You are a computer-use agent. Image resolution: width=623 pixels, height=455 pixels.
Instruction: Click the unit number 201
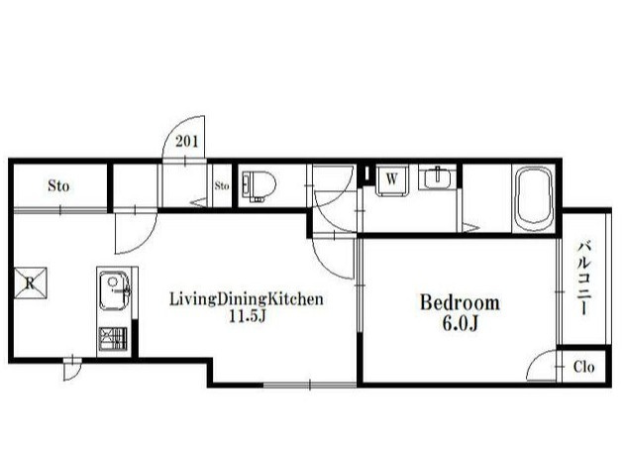click(x=187, y=141)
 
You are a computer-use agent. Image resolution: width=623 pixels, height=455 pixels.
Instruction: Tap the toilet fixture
click(x=259, y=186)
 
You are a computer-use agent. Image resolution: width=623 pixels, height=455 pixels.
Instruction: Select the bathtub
click(x=534, y=198)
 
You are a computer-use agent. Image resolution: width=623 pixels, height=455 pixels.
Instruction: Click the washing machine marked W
click(x=392, y=180)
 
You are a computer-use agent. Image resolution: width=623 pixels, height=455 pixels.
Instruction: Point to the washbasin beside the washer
click(x=437, y=177)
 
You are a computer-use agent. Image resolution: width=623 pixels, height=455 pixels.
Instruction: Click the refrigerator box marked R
click(x=31, y=283)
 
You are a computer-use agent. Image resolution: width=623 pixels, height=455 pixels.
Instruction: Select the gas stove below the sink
click(x=113, y=338)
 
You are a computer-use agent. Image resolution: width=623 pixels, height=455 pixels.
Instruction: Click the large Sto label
click(x=58, y=185)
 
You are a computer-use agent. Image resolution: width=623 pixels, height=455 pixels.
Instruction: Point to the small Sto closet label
click(x=222, y=185)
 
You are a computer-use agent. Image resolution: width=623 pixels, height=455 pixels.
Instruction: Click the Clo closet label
click(x=583, y=367)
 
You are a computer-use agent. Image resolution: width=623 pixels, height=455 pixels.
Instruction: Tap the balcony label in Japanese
click(x=584, y=278)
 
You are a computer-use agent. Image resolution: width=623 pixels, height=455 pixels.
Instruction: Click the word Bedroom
click(x=460, y=303)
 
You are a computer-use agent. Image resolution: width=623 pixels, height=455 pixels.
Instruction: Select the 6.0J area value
click(x=460, y=324)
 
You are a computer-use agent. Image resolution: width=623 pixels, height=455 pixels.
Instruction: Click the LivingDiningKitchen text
click(x=247, y=299)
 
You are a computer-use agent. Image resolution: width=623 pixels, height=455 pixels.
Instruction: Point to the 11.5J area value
click(x=248, y=316)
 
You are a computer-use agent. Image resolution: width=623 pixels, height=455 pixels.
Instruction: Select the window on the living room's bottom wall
click(x=310, y=385)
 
